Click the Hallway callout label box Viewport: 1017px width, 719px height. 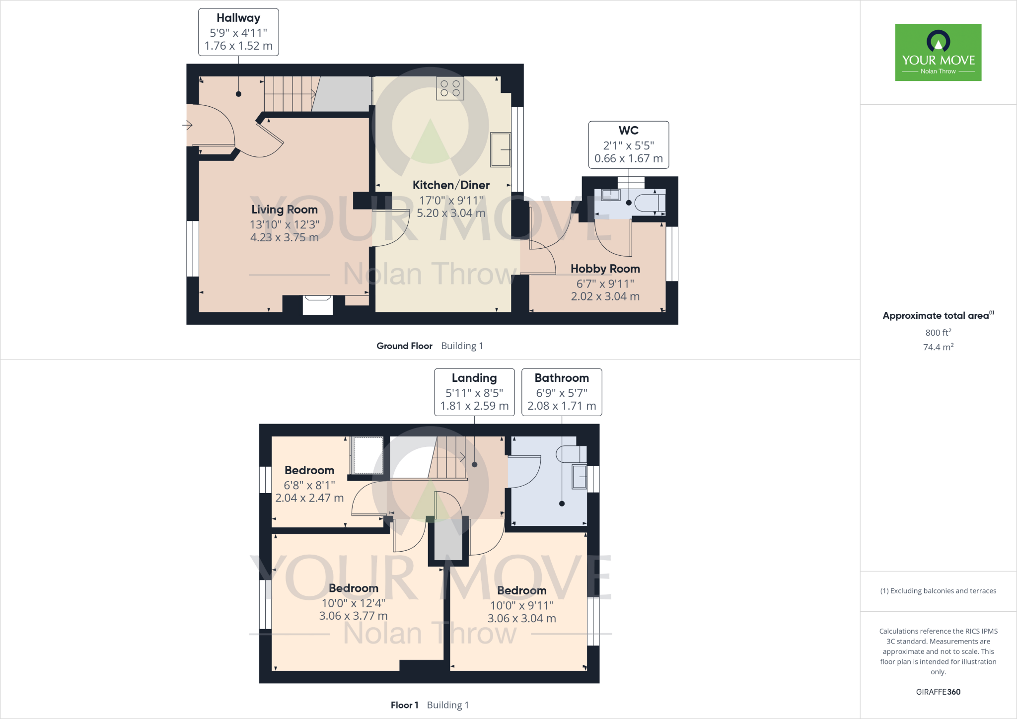pos(238,32)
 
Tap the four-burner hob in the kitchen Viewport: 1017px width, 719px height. pos(450,88)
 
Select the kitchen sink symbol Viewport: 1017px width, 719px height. pos(500,149)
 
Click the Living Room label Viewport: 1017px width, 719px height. pos(284,210)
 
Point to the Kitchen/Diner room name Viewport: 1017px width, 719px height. pos(451,185)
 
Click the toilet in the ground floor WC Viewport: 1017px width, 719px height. pos(650,203)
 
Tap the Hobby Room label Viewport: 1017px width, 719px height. pos(605,269)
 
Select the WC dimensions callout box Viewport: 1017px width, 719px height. pos(628,145)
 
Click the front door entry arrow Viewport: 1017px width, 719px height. pos(187,125)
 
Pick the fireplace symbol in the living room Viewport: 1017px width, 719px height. pos(317,304)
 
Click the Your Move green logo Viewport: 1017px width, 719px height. pos(938,52)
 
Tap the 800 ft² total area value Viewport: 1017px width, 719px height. pos(938,332)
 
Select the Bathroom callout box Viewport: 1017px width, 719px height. pos(562,392)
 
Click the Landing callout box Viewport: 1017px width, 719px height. pos(474,392)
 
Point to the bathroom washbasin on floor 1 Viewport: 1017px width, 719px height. pos(579,477)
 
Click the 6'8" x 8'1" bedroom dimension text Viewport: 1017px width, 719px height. pos(309,485)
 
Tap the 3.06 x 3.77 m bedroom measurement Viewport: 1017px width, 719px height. pos(353,616)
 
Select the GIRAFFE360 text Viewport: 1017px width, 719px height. pos(938,692)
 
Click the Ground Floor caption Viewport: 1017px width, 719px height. pos(404,346)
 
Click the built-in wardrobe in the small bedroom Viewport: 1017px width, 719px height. pos(367,455)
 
